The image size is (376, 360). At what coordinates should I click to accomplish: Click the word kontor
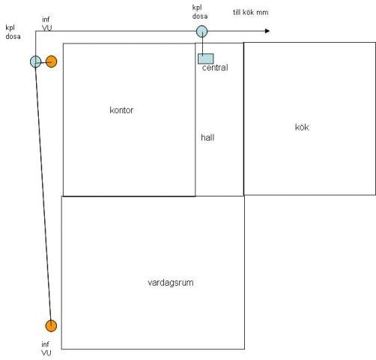121,110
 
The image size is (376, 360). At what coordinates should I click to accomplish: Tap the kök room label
302,127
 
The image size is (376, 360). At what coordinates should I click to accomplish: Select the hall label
207,137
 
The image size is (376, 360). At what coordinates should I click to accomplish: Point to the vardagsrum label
171,283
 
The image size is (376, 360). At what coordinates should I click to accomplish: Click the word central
215,67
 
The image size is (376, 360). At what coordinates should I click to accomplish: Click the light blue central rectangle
206,58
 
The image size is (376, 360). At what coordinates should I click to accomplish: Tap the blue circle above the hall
201,31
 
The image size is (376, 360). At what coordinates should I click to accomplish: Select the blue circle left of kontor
36,61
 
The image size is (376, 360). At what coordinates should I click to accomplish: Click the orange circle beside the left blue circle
52,61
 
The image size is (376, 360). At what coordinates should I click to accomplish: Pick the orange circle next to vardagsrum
51,325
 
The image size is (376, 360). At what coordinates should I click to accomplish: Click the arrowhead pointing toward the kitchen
267,31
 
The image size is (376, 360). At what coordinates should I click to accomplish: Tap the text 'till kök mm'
251,12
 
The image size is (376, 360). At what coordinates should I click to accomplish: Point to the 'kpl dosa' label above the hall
200,12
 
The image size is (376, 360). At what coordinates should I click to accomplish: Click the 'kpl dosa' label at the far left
13,32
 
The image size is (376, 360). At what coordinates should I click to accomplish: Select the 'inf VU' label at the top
47,23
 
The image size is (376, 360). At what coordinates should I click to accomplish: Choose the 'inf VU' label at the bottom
46,349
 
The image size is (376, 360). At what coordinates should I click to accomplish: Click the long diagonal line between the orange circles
43,193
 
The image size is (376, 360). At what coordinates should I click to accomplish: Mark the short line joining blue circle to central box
202,46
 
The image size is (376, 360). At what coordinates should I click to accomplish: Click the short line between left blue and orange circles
43,62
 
